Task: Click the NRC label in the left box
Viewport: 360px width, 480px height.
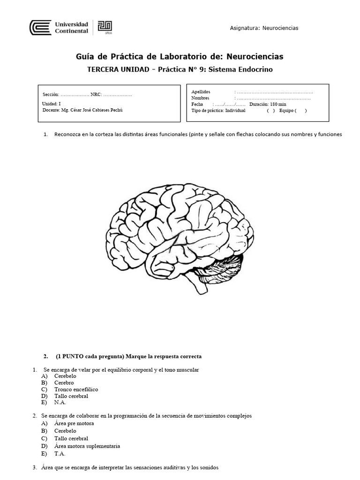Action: (x=96, y=95)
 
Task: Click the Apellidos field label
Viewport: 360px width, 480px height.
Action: (x=201, y=91)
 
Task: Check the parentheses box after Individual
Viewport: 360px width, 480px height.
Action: (x=271, y=111)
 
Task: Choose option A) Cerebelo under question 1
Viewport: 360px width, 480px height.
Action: (x=65, y=376)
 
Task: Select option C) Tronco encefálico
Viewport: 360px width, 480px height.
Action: (x=76, y=390)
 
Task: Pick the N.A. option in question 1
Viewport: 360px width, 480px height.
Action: (x=60, y=403)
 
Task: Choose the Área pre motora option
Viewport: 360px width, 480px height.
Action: (x=74, y=423)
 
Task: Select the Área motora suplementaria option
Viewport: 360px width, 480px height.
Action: (x=87, y=446)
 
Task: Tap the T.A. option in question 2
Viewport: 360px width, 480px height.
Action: (x=60, y=454)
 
